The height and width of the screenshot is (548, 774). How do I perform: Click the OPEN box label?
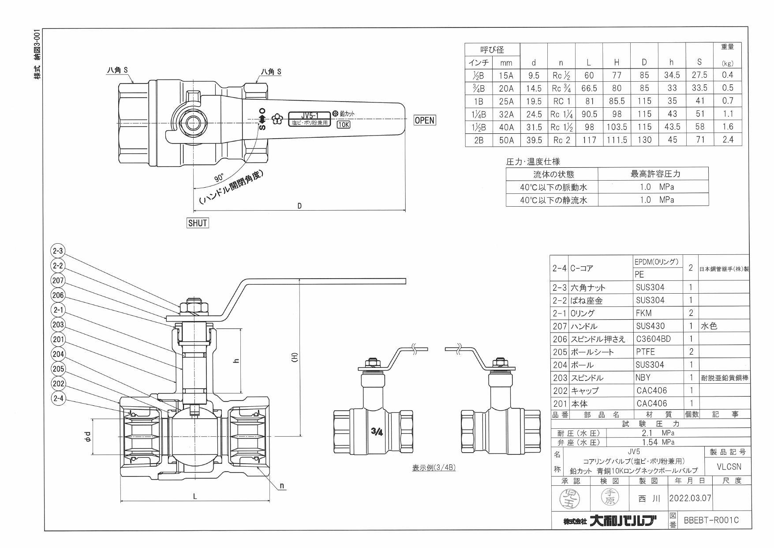pos(424,120)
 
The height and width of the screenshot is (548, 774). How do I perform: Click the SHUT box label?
pos(198,223)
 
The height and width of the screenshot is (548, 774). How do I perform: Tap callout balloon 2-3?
pos(58,251)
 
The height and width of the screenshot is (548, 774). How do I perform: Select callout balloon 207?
pos(58,280)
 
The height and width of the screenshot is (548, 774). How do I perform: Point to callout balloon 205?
pos(58,369)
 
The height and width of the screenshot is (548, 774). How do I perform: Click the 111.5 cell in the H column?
pos(617,140)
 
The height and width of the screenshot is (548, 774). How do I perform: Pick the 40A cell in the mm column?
pos(506,127)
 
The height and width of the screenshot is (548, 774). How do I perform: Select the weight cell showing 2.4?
pos(727,140)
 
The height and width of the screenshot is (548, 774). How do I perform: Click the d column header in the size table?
pos(534,63)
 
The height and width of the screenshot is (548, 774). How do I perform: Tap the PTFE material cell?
pos(645,352)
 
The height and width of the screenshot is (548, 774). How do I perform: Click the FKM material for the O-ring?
pos(643,313)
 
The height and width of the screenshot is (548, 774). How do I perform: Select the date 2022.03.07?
pos(690,498)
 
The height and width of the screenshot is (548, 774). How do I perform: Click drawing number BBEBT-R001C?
pos(711,520)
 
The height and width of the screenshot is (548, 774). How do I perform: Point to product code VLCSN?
pos(729,466)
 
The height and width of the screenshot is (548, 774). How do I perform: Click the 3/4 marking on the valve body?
pos(377,432)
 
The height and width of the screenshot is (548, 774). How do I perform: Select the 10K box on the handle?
pos(343,125)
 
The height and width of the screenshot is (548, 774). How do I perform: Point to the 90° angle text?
pos(219,178)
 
